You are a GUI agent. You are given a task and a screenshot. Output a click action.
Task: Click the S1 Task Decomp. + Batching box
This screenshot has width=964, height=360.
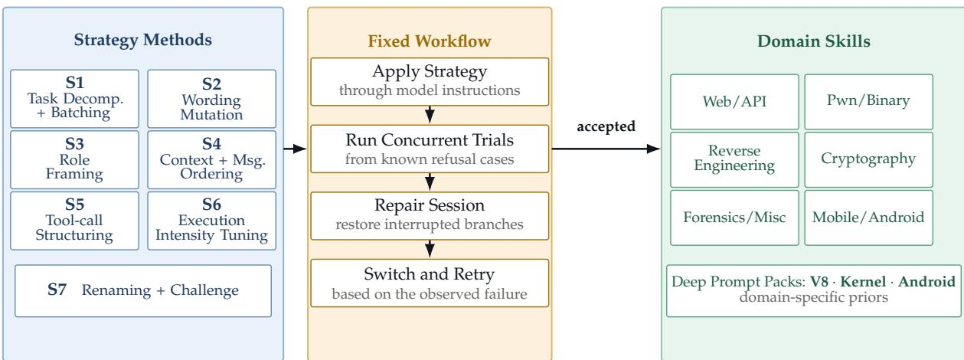pyautogui.click(x=74, y=99)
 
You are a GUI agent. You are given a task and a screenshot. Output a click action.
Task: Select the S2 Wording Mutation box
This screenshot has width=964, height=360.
pyautogui.click(x=212, y=99)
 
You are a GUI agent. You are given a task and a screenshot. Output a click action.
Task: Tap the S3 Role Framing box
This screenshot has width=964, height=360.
pyautogui.click(x=74, y=160)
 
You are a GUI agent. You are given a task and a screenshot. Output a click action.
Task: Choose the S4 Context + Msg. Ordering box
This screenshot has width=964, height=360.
pyautogui.click(x=212, y=160)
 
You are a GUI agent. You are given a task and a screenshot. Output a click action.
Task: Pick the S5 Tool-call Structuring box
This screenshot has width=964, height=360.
pyautogui.click(x=74, y=221)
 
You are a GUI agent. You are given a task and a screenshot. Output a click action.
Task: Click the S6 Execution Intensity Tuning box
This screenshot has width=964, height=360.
pyautogui.click(x=212, y=221)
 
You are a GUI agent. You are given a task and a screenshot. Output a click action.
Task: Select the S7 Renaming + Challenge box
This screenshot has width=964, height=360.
pyautogui.click(x=143, y=290)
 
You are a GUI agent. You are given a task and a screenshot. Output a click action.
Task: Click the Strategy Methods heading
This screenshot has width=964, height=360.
pyautogui.click(x=143, y=40)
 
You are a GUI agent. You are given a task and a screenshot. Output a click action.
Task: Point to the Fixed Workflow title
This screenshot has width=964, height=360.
pyautogui.click(x=430, y=41)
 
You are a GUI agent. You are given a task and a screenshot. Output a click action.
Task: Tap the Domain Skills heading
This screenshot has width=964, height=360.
pyautogui.click(x=814, y=41)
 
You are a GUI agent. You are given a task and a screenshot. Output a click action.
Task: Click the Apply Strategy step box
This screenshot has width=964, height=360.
pyautogui.click(x=430, y=82)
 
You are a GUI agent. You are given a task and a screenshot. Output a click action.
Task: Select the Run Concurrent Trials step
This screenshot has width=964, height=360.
pyautogui.click(x=430, y=149)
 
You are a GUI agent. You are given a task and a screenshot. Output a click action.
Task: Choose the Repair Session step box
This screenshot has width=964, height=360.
pyautogui.click(x=430, y=216)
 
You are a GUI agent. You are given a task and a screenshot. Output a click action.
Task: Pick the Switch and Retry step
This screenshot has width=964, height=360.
pyautogui.click(x=430, y=283)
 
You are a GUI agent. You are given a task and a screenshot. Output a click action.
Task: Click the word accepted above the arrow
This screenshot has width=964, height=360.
pyautogui.click(x=606, y=126)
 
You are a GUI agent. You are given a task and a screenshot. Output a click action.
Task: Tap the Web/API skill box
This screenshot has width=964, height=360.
pyautogui.click(x=734, y=102)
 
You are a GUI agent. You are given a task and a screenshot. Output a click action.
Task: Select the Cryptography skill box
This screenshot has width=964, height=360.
pyautogui.click(x=869, y=160)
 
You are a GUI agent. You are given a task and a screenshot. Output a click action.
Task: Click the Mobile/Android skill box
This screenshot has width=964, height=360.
pyautogui.click(x=869, y=218)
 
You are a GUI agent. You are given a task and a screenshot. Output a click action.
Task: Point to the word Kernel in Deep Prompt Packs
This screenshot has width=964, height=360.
pyautogui.click(x=863, y=282)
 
